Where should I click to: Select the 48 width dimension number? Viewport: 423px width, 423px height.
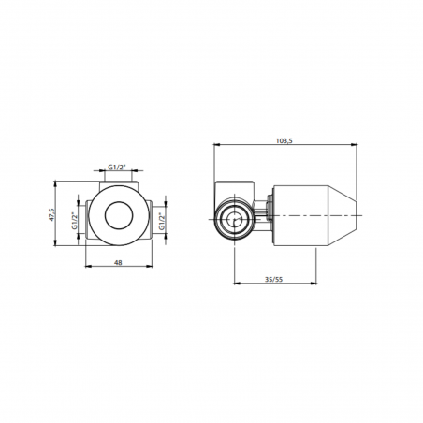click(119, 264)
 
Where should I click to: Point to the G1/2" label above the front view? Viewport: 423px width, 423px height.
click(118, 167)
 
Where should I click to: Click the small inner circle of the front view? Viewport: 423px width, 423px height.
click(119, 217)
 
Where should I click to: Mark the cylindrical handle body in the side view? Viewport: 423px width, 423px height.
click(304, 216)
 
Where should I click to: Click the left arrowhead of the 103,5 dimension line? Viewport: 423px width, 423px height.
click(217, 145)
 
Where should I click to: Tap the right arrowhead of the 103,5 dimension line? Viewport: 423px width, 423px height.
click(357, 145)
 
